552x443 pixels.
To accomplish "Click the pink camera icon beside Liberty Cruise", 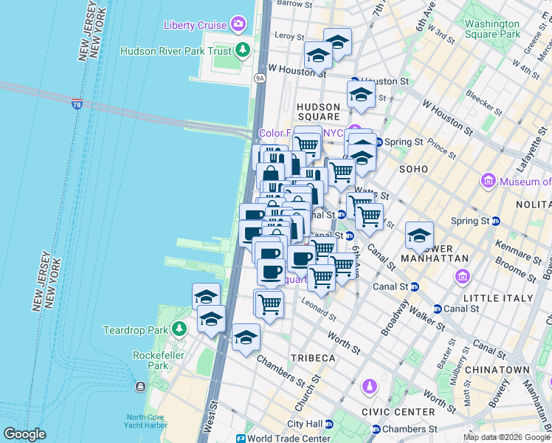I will tap(238, 24).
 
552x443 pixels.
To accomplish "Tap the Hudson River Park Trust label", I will tap(175, 51).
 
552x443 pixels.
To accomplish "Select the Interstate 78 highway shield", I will tap(77, 105).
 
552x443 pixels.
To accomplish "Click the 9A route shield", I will tap(260, 77).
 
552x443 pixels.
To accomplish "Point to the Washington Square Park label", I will tap(492, 29).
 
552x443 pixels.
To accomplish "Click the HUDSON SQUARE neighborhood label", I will tap(319, 111).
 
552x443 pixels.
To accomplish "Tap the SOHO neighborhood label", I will tap(413, 169).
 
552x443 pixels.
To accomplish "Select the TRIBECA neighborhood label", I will tap(314, 358).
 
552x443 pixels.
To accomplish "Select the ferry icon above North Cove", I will tap(140, 387).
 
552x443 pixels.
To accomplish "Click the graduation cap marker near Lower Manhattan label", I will tap(419, 236).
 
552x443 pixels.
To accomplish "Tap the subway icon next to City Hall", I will tap(329, 424).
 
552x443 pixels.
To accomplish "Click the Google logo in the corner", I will tap(24, 434).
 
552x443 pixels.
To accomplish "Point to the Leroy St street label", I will tap(289, 35).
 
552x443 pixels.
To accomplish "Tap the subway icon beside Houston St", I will tap(354, 81).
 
